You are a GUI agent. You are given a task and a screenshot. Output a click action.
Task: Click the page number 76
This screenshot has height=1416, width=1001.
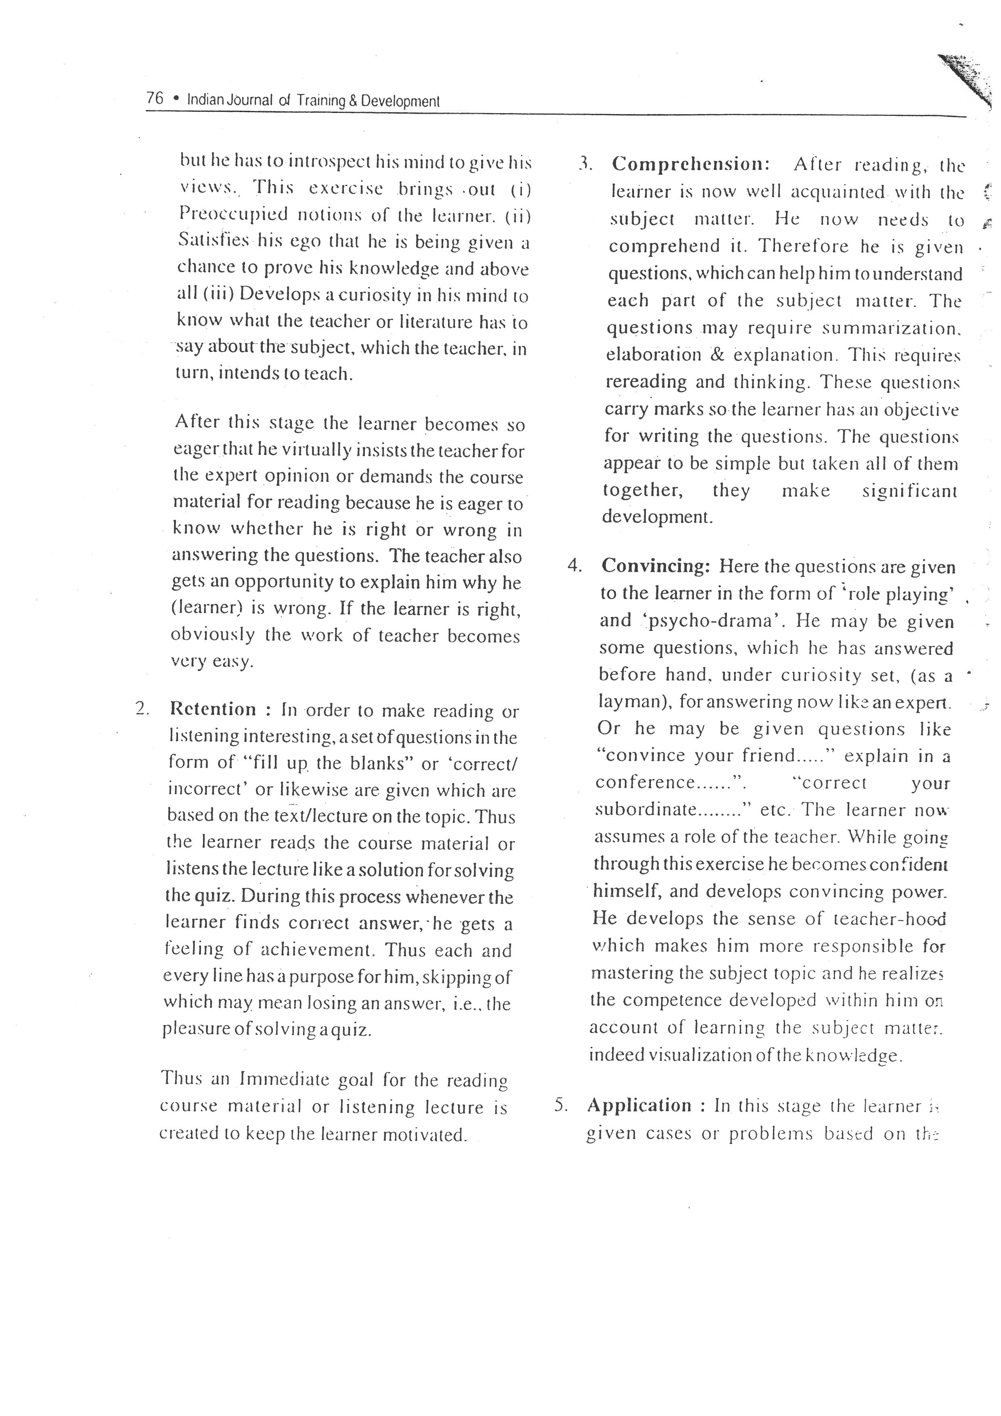[x=155, y=98]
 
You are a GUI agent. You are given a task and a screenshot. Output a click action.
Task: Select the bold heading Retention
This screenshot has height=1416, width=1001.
[x=212, y=709]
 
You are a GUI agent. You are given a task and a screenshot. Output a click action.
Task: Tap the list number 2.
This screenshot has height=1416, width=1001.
[x=142, y=709]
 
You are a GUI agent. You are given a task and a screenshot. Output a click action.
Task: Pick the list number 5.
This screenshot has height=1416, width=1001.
[x=560, y=1104]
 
